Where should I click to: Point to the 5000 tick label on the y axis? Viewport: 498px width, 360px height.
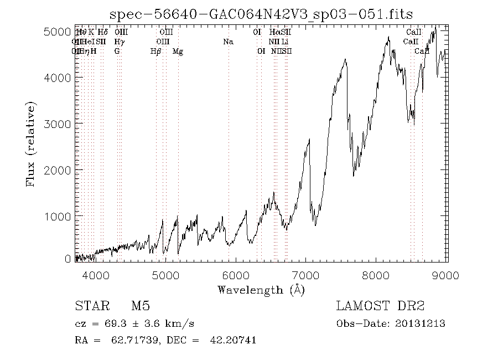(56, 32)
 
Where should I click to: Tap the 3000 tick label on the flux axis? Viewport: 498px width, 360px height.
(56, 123)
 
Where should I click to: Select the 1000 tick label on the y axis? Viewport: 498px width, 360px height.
(56, 215)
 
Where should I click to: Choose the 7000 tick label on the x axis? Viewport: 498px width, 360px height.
(307, 275)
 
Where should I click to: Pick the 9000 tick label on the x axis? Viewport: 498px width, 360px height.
(447, 275)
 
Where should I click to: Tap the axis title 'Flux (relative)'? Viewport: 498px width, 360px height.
(31, 143)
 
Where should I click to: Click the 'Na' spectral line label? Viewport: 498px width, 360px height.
(227, 42)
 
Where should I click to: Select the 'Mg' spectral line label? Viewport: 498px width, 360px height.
(178, 52)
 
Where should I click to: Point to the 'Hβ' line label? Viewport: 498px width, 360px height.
(155, 52)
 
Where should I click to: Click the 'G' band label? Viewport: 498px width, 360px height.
(117, 52)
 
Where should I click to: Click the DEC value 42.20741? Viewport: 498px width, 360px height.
(233, 340)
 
